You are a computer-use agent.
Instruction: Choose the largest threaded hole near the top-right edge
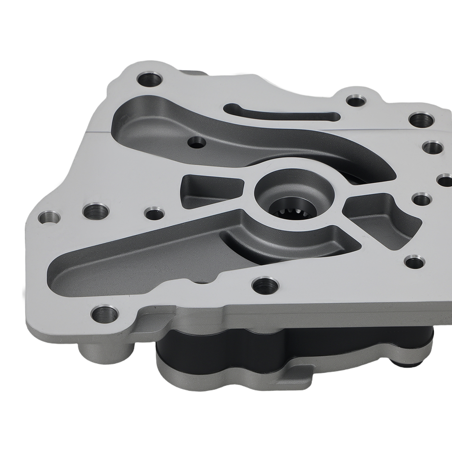(420, 120)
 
